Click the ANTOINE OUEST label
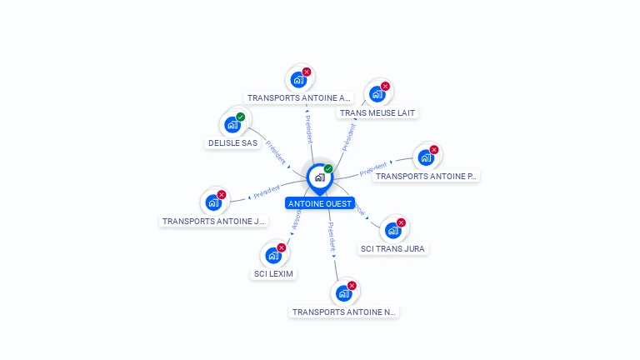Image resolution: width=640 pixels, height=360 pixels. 319,203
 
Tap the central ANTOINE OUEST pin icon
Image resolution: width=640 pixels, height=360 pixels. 319,177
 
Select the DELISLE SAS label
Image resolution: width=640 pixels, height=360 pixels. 232,143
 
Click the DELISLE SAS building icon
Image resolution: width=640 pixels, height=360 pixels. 232,125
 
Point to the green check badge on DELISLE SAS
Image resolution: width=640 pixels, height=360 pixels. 241,117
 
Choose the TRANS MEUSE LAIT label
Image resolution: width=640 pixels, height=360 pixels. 377,112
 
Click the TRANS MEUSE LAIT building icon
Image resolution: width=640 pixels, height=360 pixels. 377,94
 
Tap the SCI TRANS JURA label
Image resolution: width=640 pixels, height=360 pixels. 392,248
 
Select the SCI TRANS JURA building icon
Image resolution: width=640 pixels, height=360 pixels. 392,230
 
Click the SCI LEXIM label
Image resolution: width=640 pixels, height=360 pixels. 273,273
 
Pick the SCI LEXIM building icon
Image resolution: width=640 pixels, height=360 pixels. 272,255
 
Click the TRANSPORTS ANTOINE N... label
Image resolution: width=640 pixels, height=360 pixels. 344,312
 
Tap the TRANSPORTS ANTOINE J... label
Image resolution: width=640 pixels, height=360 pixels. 213,221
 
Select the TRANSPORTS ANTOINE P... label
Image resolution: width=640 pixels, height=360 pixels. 426,176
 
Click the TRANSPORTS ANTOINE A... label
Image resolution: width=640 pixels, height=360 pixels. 299,97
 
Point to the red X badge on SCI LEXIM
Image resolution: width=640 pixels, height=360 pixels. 282,247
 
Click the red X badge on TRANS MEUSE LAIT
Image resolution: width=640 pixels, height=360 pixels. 386,86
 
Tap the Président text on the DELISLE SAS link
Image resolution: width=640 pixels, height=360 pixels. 276,151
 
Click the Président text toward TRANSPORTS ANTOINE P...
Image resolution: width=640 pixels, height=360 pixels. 373,169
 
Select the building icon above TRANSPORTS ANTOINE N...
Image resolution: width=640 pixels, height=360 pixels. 343,293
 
